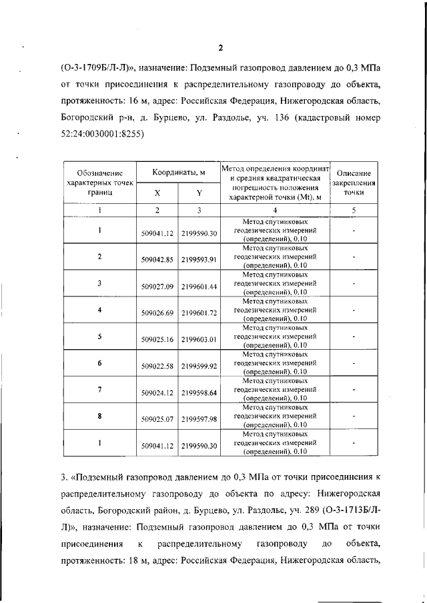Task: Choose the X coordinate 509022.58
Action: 157,366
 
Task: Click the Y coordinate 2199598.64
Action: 199,392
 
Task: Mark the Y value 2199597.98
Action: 199,419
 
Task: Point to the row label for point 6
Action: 99,363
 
